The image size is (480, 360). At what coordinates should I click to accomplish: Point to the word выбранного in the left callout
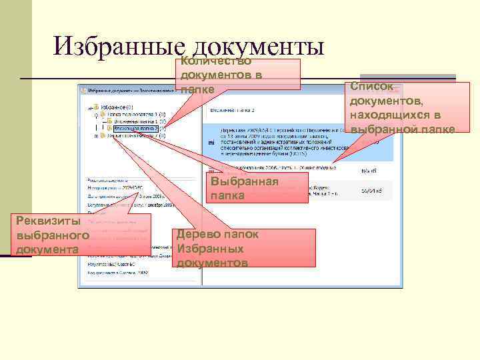pos(53,236)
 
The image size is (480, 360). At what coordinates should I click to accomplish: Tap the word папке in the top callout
pos(197,89)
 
